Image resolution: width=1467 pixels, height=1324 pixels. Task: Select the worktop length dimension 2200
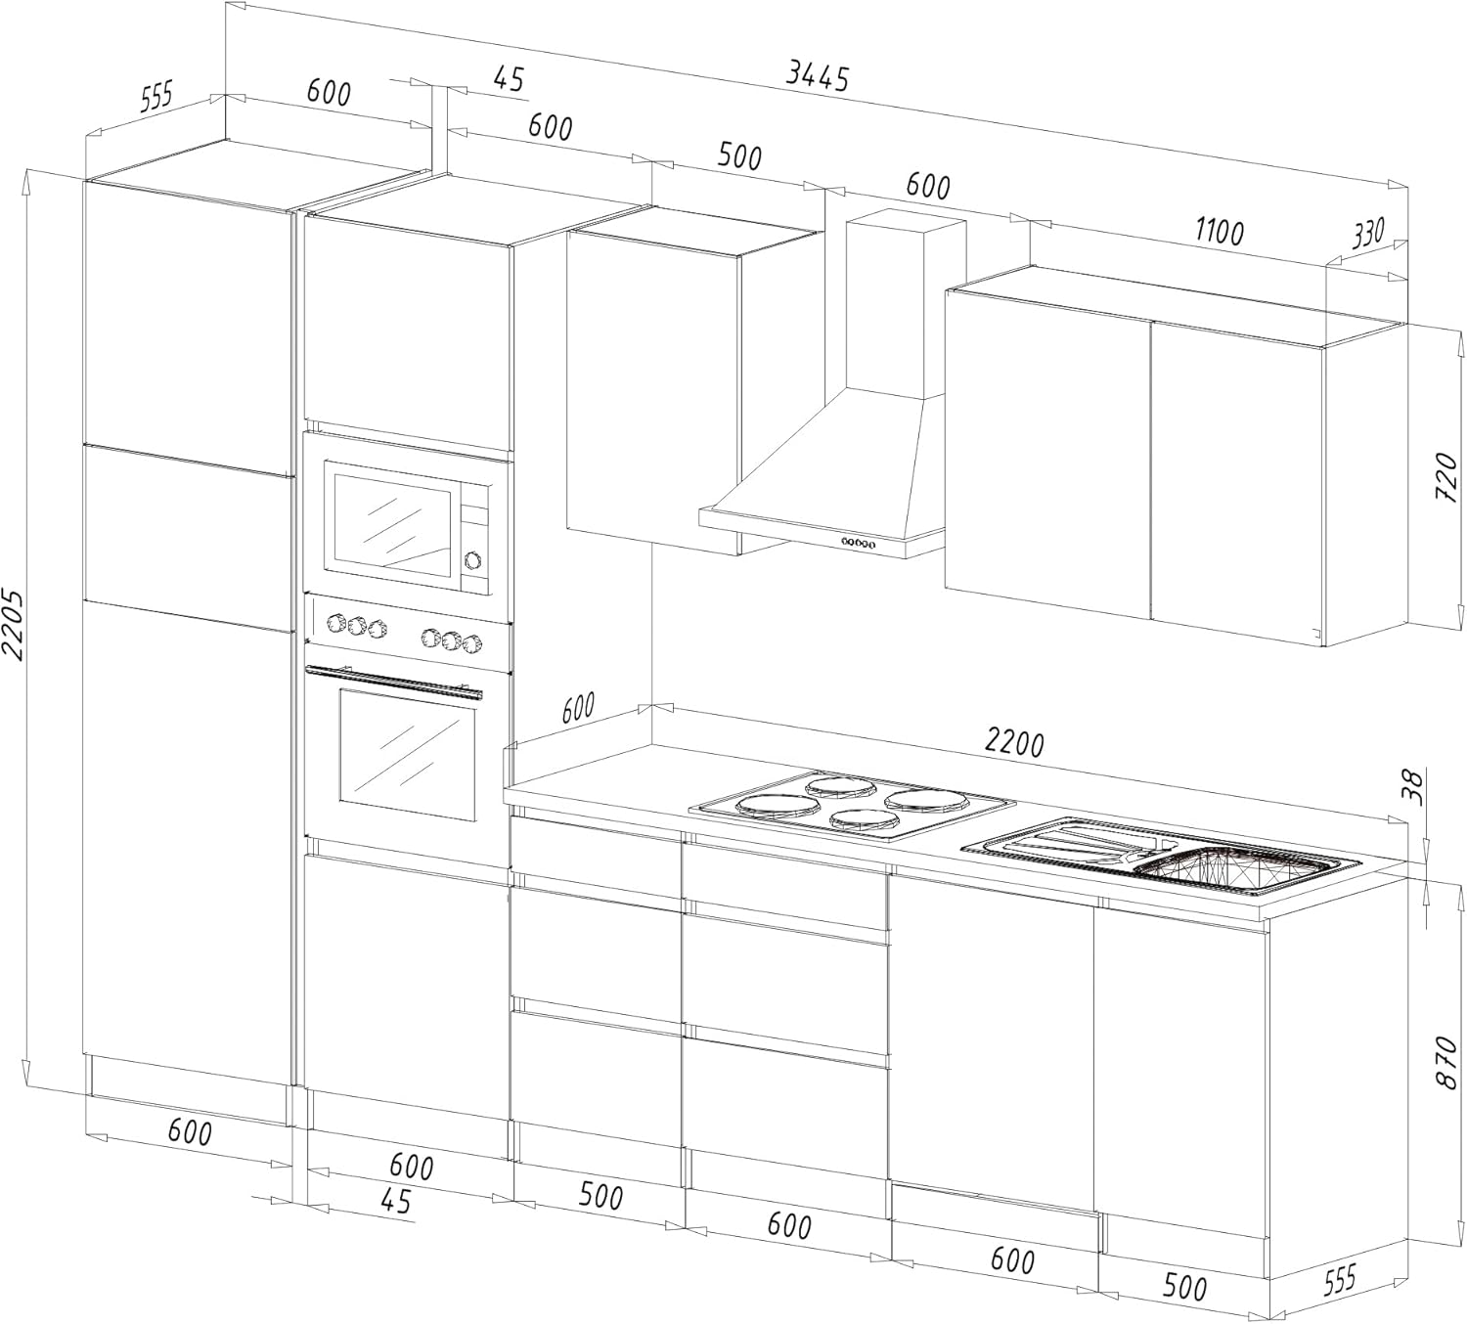pyautogui.click(x=1014, y=743)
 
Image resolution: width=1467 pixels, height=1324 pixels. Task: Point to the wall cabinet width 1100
pyautogui.click(x=1219, y=233)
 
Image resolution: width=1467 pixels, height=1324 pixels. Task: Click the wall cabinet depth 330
pyautogui.click(x=1368, y=234)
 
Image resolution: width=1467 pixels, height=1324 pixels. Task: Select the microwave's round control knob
pyautogui.click(x=473, y=560)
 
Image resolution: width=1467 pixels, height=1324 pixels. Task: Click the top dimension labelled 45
pyautogui.click(x=509, y=78)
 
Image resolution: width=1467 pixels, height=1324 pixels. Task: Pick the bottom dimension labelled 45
pyautogui.click(x=395, y=1201)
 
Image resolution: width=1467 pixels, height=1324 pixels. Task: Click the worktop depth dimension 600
pyautogui.click(x=579, y=707)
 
